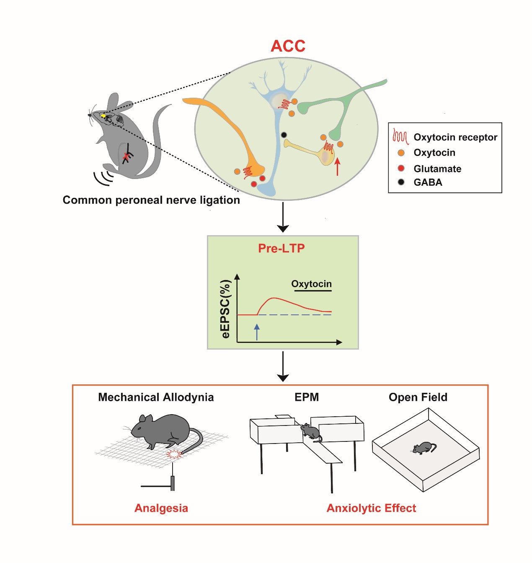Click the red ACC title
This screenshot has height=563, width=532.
pos(288,46)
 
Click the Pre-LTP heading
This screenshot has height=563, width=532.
pos(281,248)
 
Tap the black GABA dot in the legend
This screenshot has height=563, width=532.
pos(401,182)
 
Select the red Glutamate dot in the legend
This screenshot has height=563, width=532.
pos(401,168)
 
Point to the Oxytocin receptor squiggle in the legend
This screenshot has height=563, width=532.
pos(400,137)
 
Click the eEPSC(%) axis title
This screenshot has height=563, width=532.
pos(226,309)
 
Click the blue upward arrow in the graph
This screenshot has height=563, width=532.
pos(257,332)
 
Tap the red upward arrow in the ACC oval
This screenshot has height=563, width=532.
pos(338,166)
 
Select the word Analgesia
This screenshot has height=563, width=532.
pos(161,508)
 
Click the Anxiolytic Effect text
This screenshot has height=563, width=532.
pos(371,508)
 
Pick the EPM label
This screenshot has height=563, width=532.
pos(307,397)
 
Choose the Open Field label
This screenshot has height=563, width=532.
pos(418,397)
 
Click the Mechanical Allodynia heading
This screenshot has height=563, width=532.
pos(156,397)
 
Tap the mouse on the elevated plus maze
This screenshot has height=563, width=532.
pos(310,431)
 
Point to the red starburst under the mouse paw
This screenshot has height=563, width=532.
pos(173,454)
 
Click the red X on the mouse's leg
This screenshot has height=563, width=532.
pos(126,156)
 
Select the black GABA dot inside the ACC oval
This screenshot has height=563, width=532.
pos(284,135)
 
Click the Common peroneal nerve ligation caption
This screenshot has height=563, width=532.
pos(151,200)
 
